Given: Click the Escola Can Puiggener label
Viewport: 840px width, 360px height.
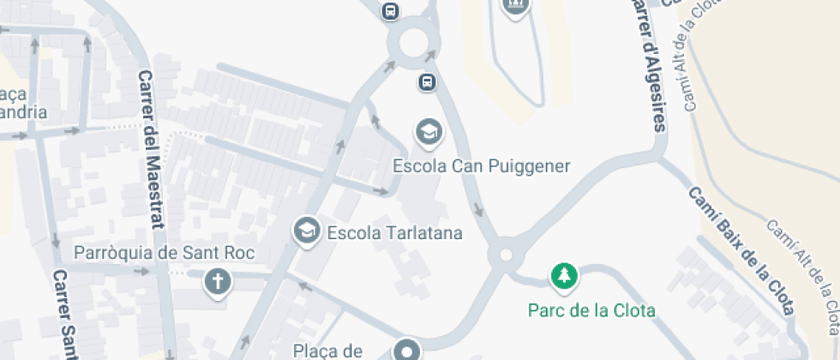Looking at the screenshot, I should [x=481, y=165].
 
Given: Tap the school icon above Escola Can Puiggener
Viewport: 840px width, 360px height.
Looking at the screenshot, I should [x=427, y=132].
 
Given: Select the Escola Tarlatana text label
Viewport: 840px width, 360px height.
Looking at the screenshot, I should [x=395, y=232].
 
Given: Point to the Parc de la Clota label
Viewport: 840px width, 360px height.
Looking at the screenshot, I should [x=591, y=310].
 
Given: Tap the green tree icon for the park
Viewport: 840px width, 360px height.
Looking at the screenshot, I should [x=563, y=276].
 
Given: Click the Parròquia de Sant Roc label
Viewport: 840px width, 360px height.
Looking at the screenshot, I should [x=165, y=253].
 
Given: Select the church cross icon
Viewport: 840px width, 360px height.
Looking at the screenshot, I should [x=218, y=280].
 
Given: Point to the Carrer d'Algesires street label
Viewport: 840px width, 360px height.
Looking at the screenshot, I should [x=647, y=64].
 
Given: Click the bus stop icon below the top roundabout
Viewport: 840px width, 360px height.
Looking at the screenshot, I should [x=427, y=82].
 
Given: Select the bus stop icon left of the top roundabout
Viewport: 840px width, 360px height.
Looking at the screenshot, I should [x=391, y=10].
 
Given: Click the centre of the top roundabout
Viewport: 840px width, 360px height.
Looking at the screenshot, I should [x=413, y=42].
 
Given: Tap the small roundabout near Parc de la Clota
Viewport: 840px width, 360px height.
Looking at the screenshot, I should [x=505, y=255].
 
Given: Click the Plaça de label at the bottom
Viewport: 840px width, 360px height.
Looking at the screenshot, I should [x=330, y=350].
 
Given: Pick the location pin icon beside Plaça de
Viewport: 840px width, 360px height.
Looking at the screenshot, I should [x=406, y=350].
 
